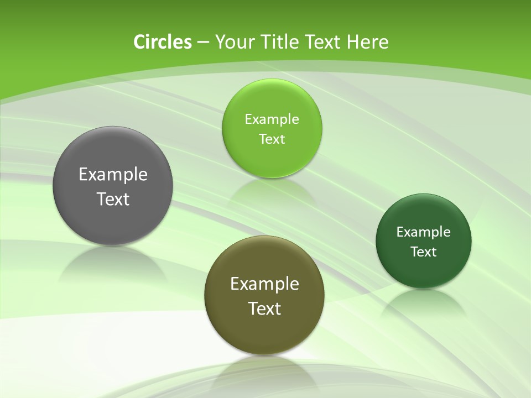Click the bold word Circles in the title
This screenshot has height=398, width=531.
(162, 42)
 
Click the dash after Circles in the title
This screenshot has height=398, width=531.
(202, 43)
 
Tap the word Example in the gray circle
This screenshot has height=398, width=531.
(113, 175)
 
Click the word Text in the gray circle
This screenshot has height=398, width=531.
(113, 199)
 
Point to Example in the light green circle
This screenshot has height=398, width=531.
(272, 119)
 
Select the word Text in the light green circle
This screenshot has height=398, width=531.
(272, 139)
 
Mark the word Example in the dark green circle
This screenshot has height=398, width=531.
(424, 232)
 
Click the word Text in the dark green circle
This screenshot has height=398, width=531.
(424, 252)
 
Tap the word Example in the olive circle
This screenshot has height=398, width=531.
(264, 284)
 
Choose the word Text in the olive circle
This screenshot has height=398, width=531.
(264, 308)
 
